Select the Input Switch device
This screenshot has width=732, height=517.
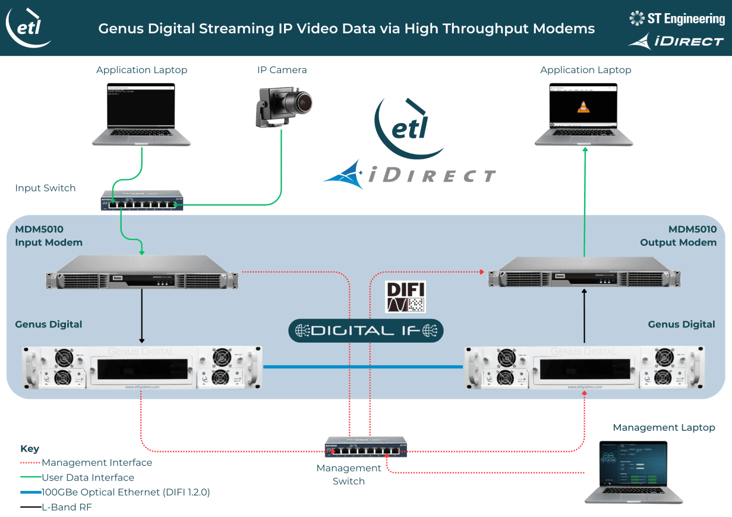[142, 200]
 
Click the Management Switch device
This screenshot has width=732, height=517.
[366, 447]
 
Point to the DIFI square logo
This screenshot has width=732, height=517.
[406, 296]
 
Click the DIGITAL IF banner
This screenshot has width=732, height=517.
[366, 331]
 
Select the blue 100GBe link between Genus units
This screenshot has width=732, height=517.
[363, 366]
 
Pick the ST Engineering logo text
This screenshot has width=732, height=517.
[686, 19]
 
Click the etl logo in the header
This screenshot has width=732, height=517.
[28, 27]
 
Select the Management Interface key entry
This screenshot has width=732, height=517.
[97, 462]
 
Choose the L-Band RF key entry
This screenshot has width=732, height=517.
[66, 507]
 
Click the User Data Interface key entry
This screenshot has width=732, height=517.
[88, 478]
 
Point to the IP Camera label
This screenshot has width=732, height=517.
[282, 70]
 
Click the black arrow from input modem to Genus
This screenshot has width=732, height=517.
[142, 317]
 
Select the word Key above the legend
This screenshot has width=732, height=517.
[30, 449]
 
